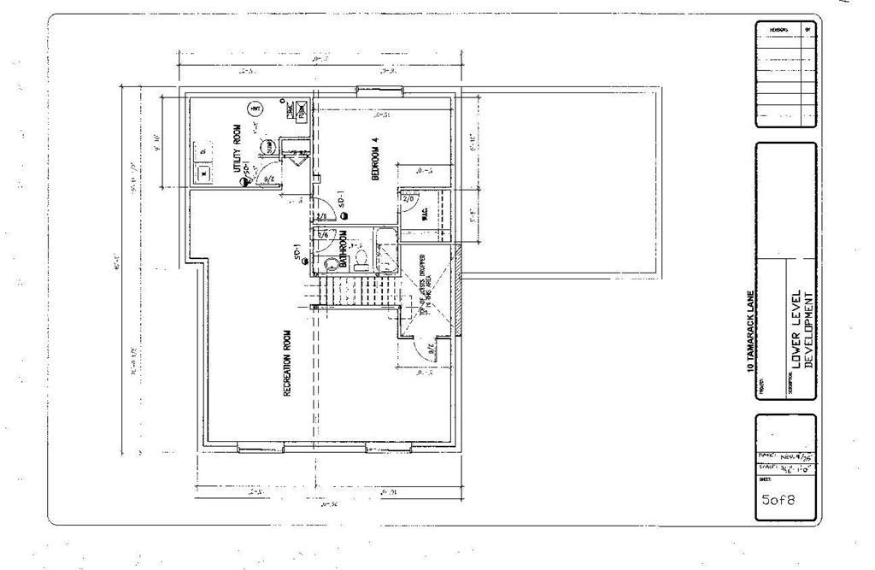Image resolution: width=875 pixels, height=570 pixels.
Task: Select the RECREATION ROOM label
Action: [287, 362]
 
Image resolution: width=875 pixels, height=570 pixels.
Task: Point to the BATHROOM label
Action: [343, 249]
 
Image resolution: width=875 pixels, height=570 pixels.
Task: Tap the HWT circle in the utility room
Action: [255, 109]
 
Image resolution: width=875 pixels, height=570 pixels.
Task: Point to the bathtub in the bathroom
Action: [387, 250]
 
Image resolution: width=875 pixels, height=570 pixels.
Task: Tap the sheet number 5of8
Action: [778, 501]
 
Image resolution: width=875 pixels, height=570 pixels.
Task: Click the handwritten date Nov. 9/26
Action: [793, 456]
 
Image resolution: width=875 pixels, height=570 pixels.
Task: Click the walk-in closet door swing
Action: [408, 205]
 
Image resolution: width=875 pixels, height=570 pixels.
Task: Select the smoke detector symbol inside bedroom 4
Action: [343, 217]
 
